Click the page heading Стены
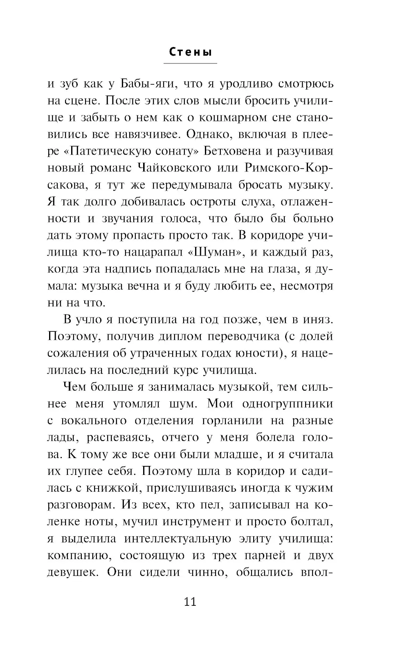[x=190, y=53]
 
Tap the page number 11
[x=190, y=602]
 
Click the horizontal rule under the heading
[x=190, y=63]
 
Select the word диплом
[x=179, y=336]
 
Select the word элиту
[x=254, y=538]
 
